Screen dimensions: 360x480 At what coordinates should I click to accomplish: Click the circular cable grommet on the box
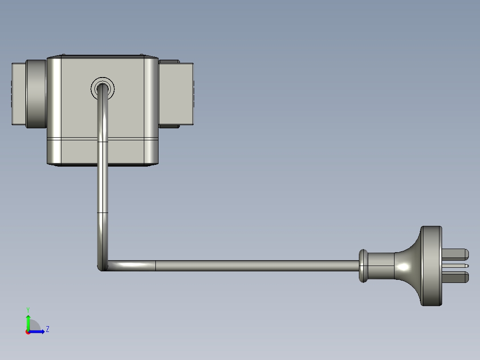(x=102, y=88)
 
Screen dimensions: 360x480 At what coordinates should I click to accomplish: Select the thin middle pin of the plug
(x=459, y=266)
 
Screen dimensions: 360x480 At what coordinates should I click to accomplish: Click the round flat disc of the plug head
(x=431, y=266)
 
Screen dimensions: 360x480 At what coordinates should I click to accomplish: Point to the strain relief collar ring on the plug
(x=363, y=266)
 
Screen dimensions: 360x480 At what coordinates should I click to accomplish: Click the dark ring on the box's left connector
(x=36, y=94)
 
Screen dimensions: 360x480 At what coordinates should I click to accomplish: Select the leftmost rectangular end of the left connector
(x=18, y=94)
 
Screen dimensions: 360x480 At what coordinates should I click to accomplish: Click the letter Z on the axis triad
(x=47, y=329)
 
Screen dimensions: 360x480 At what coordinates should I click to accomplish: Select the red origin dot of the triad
(x=28, y=332)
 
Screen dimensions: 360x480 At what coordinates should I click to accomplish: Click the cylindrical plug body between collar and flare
(x=381, y=266)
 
